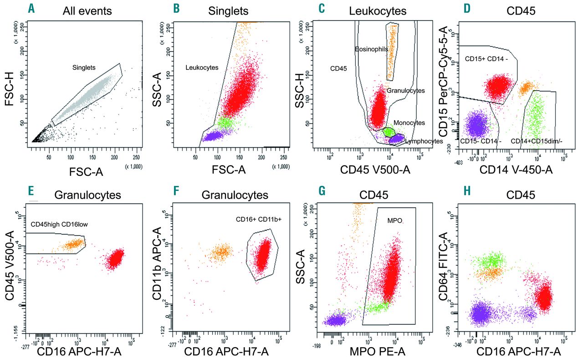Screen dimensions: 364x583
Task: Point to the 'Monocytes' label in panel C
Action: pos(409,123)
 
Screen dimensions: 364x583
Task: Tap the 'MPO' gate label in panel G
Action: pos(394,220)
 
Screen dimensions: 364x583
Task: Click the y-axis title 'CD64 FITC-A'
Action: pos(443,264)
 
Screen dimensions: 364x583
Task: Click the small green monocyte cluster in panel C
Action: pos(388,131)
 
